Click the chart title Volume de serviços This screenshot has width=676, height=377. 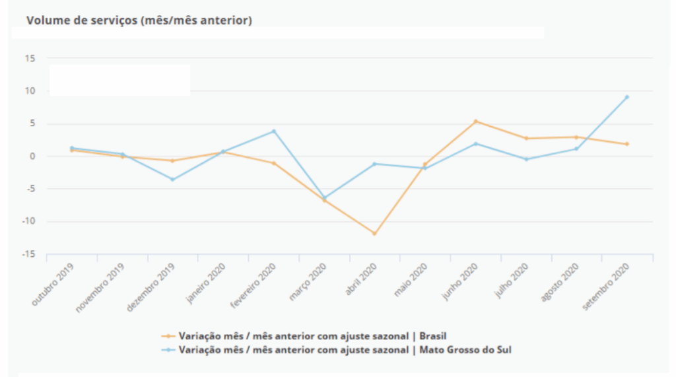pos(139,20)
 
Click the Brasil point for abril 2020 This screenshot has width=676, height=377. pos(374,234)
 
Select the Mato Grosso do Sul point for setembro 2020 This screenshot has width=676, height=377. pos(626,97)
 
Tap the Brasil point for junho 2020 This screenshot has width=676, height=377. pos(475,121)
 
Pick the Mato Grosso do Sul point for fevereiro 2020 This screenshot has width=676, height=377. pos(273,131)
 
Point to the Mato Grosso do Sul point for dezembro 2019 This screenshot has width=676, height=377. pos(173,180)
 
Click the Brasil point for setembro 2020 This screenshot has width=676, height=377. pos(626,144)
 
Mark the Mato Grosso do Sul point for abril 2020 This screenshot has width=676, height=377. pos(374,164)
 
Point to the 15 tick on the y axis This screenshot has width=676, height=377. pos(30,58)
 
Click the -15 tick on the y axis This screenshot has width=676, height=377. pos(29,254)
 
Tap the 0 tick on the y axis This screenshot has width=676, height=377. pos(32,156)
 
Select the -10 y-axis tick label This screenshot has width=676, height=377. pos(29,222)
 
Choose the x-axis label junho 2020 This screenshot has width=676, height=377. pos(460,282)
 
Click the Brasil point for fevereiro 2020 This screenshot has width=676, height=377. pos(273,163)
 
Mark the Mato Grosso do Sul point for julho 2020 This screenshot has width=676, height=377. pos(525,159)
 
